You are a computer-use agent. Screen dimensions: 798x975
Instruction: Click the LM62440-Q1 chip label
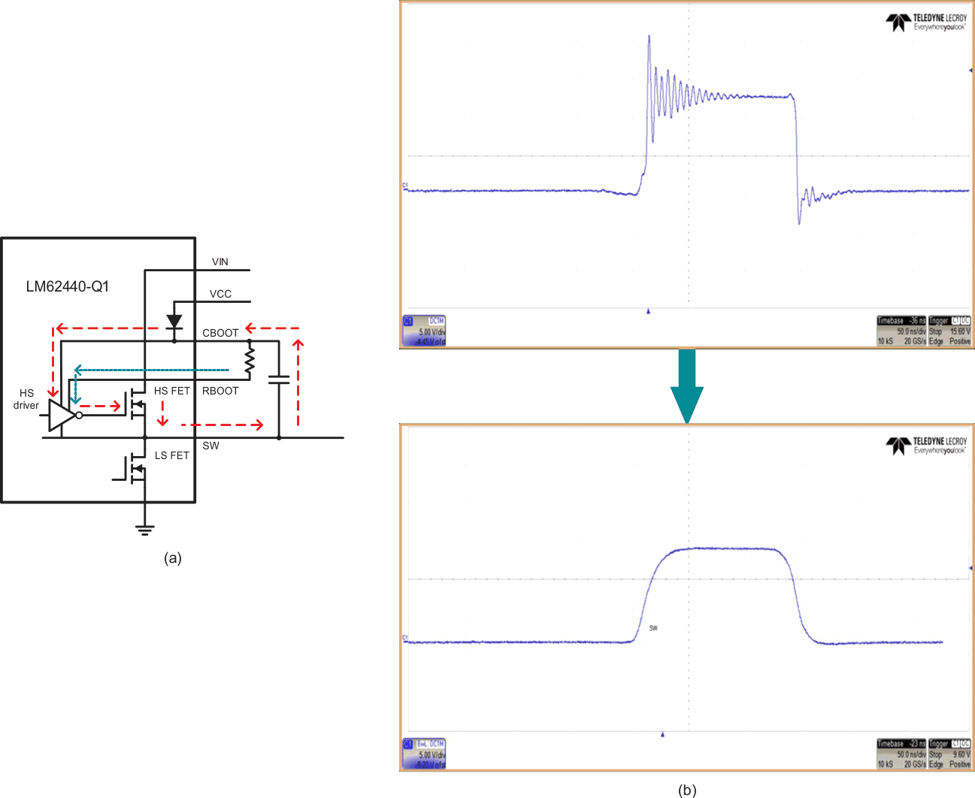(68, 286)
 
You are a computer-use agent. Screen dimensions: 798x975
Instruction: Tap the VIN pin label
(220, 261)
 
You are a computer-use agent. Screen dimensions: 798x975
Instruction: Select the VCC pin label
(220, 294)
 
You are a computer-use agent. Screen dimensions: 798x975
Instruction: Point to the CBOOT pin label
(220, 333)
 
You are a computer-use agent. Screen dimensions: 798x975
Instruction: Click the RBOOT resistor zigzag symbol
(250, 362)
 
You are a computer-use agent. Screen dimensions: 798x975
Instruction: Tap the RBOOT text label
(220, 391)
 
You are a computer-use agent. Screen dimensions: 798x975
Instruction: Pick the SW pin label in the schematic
(211, 446)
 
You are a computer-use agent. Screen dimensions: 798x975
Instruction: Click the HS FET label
(172, 391)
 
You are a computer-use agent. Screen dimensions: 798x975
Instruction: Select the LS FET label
(172, 455)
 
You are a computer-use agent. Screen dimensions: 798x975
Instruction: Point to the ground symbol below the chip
(144, 530)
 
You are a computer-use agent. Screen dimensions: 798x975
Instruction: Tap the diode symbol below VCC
(174, 322)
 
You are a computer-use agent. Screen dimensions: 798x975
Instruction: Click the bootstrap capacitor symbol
(279, 379)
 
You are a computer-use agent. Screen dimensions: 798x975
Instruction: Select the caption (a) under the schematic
(173, 558)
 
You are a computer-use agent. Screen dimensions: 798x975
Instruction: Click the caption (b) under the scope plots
(687, 790)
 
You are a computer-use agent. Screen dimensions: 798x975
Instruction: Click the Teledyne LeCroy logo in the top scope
(926, 23)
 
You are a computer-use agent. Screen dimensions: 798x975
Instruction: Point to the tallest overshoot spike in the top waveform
(649, 38)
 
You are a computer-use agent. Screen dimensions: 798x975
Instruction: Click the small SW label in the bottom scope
(653, 628)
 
